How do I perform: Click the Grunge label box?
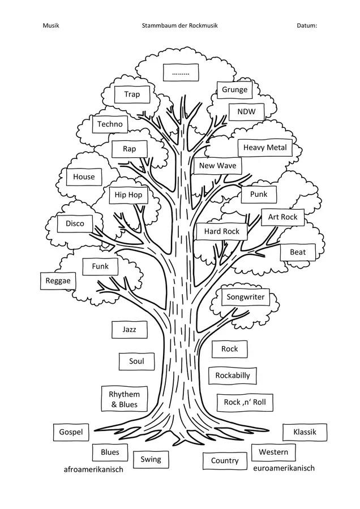pos(234,89)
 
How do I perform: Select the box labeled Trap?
pos(132,94)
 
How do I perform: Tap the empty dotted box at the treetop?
pos(181,72)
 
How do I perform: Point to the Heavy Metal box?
pos(265,148)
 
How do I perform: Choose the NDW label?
pos(246,112)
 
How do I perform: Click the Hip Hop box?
pos(128,195)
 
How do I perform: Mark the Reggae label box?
pos(58,281)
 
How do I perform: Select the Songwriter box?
pos(246,297)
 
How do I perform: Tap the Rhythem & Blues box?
pos(125,399)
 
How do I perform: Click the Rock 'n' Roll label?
pos(245,403)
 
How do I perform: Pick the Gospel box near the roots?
pos(71,432)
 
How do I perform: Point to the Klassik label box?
pos(305,432)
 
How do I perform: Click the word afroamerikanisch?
pos(93,469)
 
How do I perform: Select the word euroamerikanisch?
pos(284,468)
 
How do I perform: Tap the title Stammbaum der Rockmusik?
pos(179,25)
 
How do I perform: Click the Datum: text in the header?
pos(307,25)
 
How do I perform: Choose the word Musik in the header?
pos(51,25)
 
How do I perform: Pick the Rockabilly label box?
pos(233,376)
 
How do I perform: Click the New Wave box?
pos(218,166)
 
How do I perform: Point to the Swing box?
pos(151,460)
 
